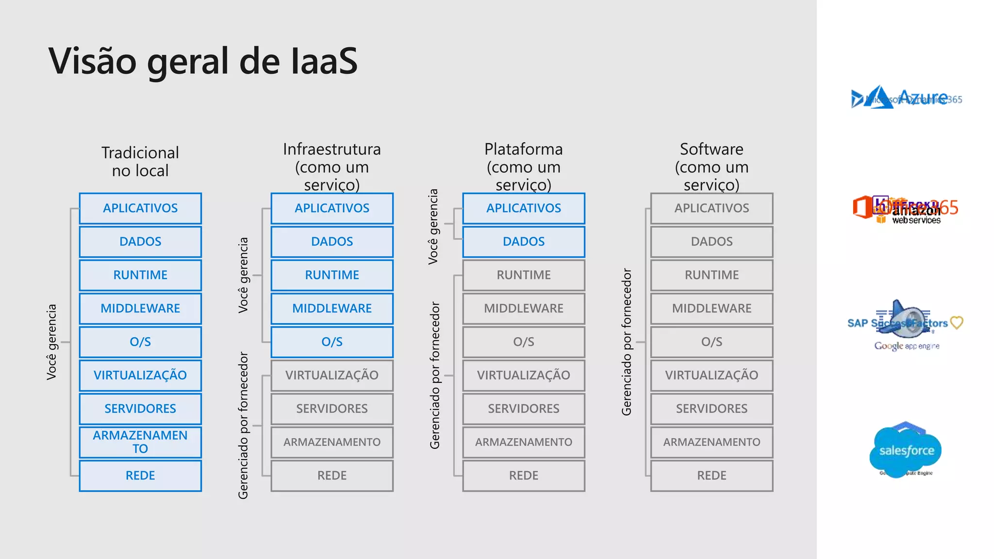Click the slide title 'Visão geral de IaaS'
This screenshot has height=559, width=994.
[203, 61]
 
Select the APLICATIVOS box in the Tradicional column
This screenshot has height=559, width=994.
[140, 208]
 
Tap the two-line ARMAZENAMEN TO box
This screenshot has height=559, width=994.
[140, 442]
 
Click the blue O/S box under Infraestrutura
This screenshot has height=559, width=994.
[332, 342]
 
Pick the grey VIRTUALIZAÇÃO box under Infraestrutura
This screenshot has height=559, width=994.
[332, 375]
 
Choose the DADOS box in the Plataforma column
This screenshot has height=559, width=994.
[524, 242]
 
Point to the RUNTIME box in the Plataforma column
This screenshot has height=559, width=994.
[524, 275]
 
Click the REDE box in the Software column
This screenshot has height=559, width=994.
[712, 476]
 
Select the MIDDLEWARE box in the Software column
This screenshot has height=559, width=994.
[712, 309]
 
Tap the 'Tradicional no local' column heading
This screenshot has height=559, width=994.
[140, 162]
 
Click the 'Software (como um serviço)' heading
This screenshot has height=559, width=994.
[712, 166]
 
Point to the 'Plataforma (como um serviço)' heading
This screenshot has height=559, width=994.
[524, 166]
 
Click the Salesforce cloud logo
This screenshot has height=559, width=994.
[906, 450]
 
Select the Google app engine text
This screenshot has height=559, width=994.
[907, 346]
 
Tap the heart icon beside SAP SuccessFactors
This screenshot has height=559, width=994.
[957, 323]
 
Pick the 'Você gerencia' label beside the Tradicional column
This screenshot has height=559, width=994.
[51, 342]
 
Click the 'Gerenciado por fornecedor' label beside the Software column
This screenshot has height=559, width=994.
[627, 342]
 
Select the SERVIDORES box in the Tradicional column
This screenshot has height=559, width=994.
[140, 409]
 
